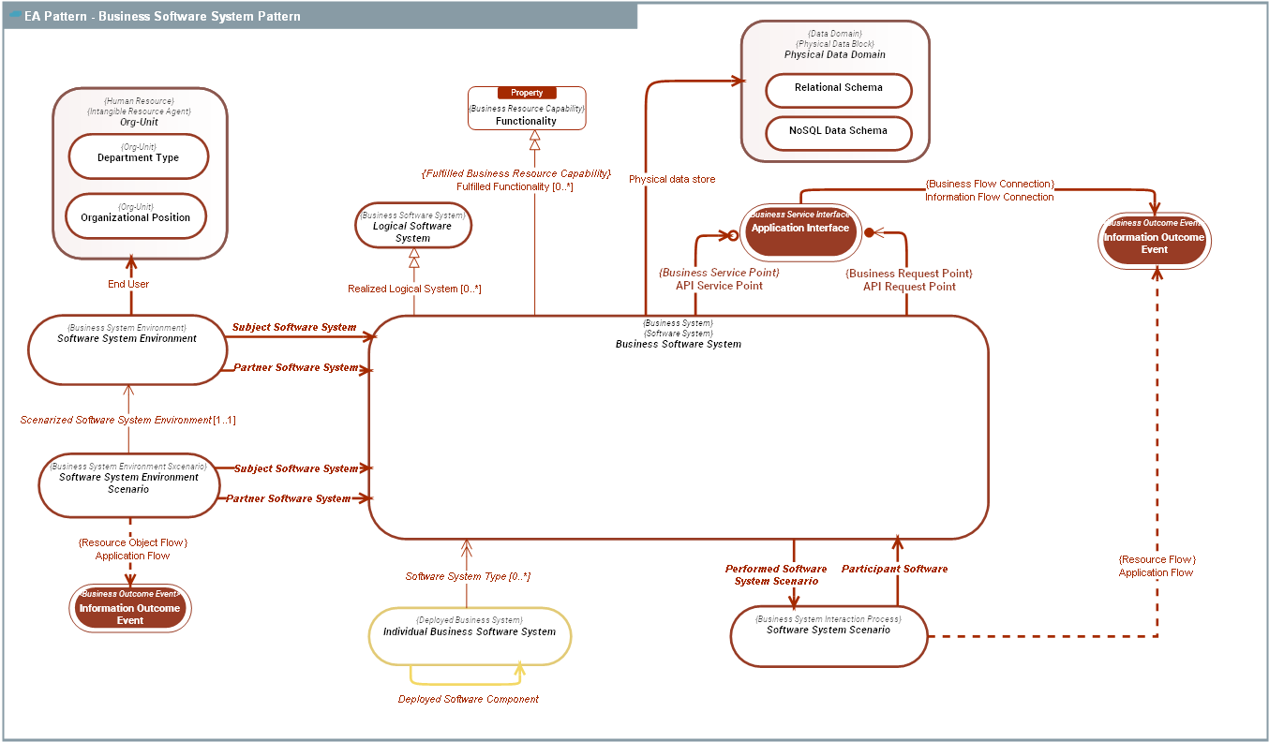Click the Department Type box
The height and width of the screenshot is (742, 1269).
[x=139, y=156]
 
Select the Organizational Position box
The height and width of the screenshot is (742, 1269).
[x=136, y=216]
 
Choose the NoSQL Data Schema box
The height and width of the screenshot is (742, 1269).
[x=839, y=132]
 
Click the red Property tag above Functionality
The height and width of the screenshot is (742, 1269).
[x=527, y=93]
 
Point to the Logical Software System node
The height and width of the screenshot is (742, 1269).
[x=412, y=227]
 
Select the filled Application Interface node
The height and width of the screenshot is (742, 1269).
[x=800, y=231]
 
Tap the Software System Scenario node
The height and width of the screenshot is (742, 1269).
[x=829, y=635]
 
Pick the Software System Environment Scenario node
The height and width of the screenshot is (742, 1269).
[x=128, y=483]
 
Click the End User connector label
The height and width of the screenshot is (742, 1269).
[x=128, y=284]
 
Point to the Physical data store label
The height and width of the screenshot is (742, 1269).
[x=672, y=179]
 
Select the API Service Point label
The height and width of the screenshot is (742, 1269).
[x=719, y=286]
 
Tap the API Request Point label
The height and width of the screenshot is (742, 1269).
[x=909, y=287]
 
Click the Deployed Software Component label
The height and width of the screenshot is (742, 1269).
[x=469, y=699]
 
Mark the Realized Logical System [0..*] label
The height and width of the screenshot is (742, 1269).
[x=414, y=289]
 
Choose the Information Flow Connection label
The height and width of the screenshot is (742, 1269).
[x=989, y=197]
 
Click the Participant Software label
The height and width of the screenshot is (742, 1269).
[x=894, y=569]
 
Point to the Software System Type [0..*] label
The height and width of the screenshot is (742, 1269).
[x=468, y=576]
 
